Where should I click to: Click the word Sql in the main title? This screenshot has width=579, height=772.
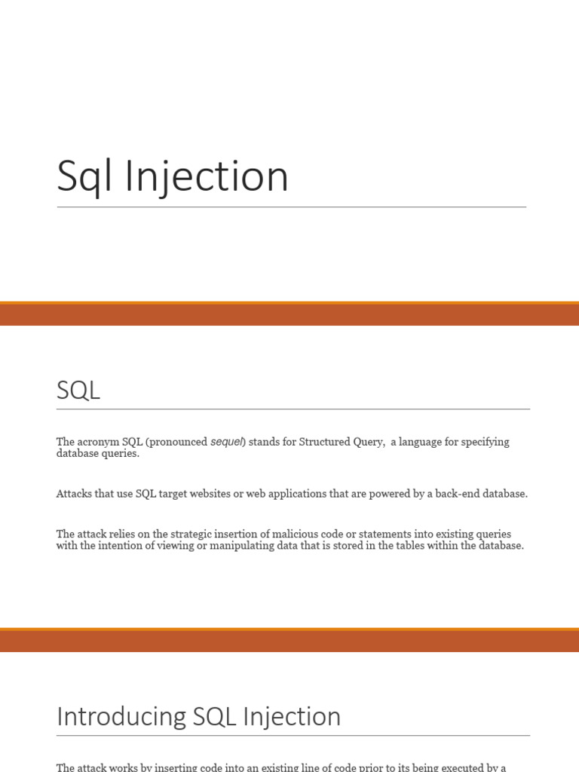click(85, 178)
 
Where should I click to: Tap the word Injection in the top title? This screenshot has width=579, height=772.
click(207, 178)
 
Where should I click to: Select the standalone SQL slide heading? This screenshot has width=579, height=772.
click(78, 391)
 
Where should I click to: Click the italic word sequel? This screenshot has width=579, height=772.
click(227, 442)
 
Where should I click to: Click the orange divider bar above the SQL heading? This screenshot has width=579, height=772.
click(289, 314)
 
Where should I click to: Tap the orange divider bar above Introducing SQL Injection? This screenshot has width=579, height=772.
click(289, 640)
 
